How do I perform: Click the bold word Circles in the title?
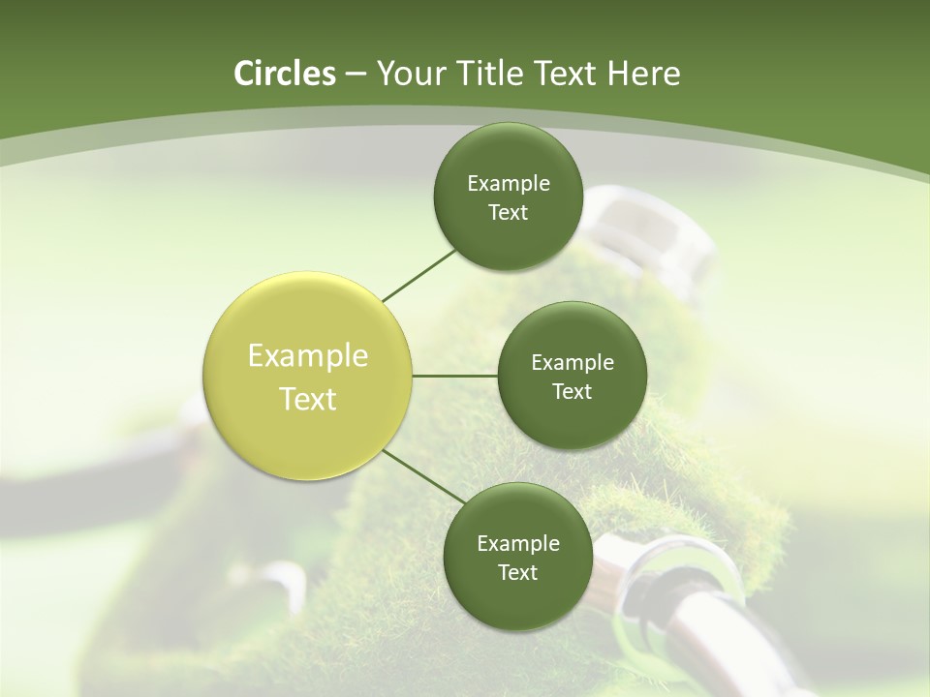click(284, 74)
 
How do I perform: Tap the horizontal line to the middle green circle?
click(455, 376)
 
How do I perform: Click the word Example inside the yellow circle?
click(308, 356)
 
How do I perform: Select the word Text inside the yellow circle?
click(308, 399)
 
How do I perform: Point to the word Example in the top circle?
click(508, 183)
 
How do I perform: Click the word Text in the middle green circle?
click(573, 391)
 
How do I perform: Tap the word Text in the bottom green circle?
click(517, 572)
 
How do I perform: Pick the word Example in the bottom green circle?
click(517, 543)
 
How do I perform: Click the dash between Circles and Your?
click(356, 75)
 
